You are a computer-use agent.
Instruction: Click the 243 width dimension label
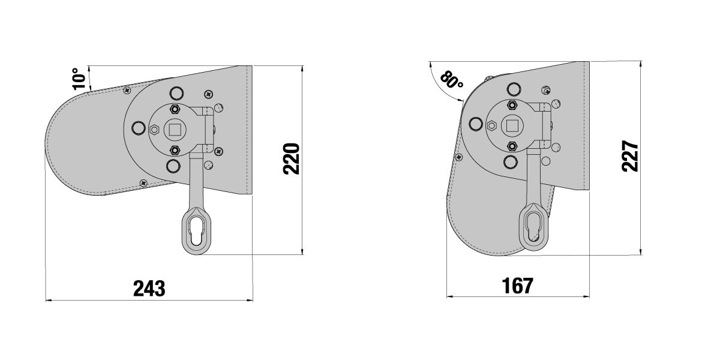pos(149,289)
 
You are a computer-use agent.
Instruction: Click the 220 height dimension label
pos(291,159)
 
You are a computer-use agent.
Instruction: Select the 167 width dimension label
pos(517,286)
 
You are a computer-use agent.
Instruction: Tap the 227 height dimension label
pos(630,157)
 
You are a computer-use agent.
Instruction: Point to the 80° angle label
pos(452,80)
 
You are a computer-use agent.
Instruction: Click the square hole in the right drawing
pos(512,126)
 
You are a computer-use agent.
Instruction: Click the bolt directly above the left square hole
pos(175,109)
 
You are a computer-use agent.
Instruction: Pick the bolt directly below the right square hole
pos(512,146)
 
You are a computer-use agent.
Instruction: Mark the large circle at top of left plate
pos(175,93)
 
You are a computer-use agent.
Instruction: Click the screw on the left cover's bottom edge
pos(143,182)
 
